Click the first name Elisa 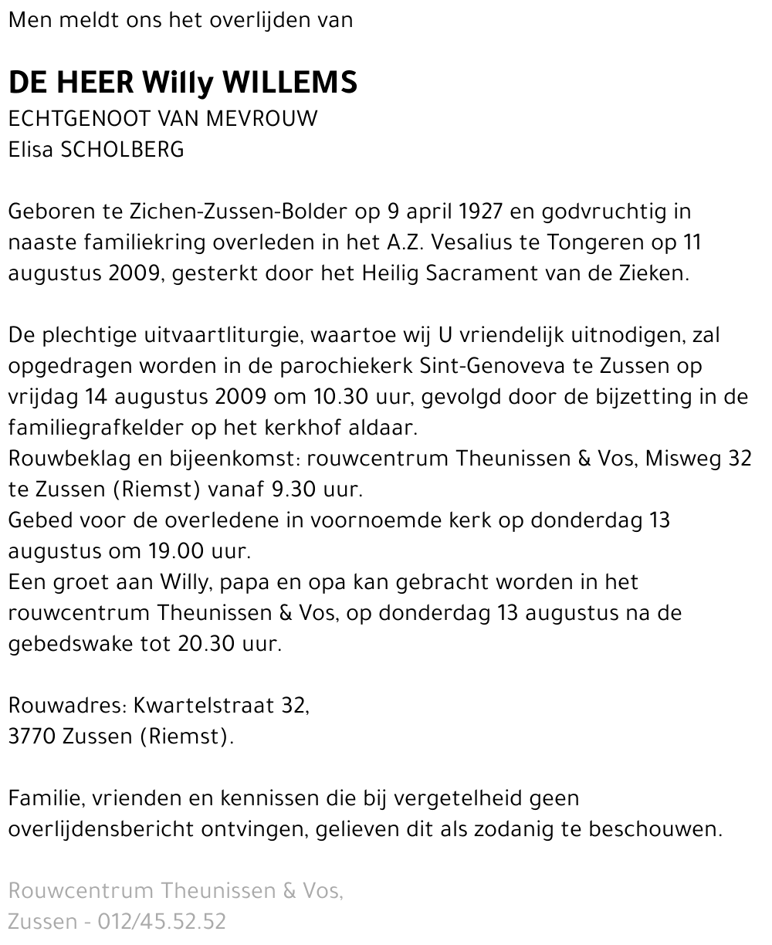pyautogui.click(x=32, y=150)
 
